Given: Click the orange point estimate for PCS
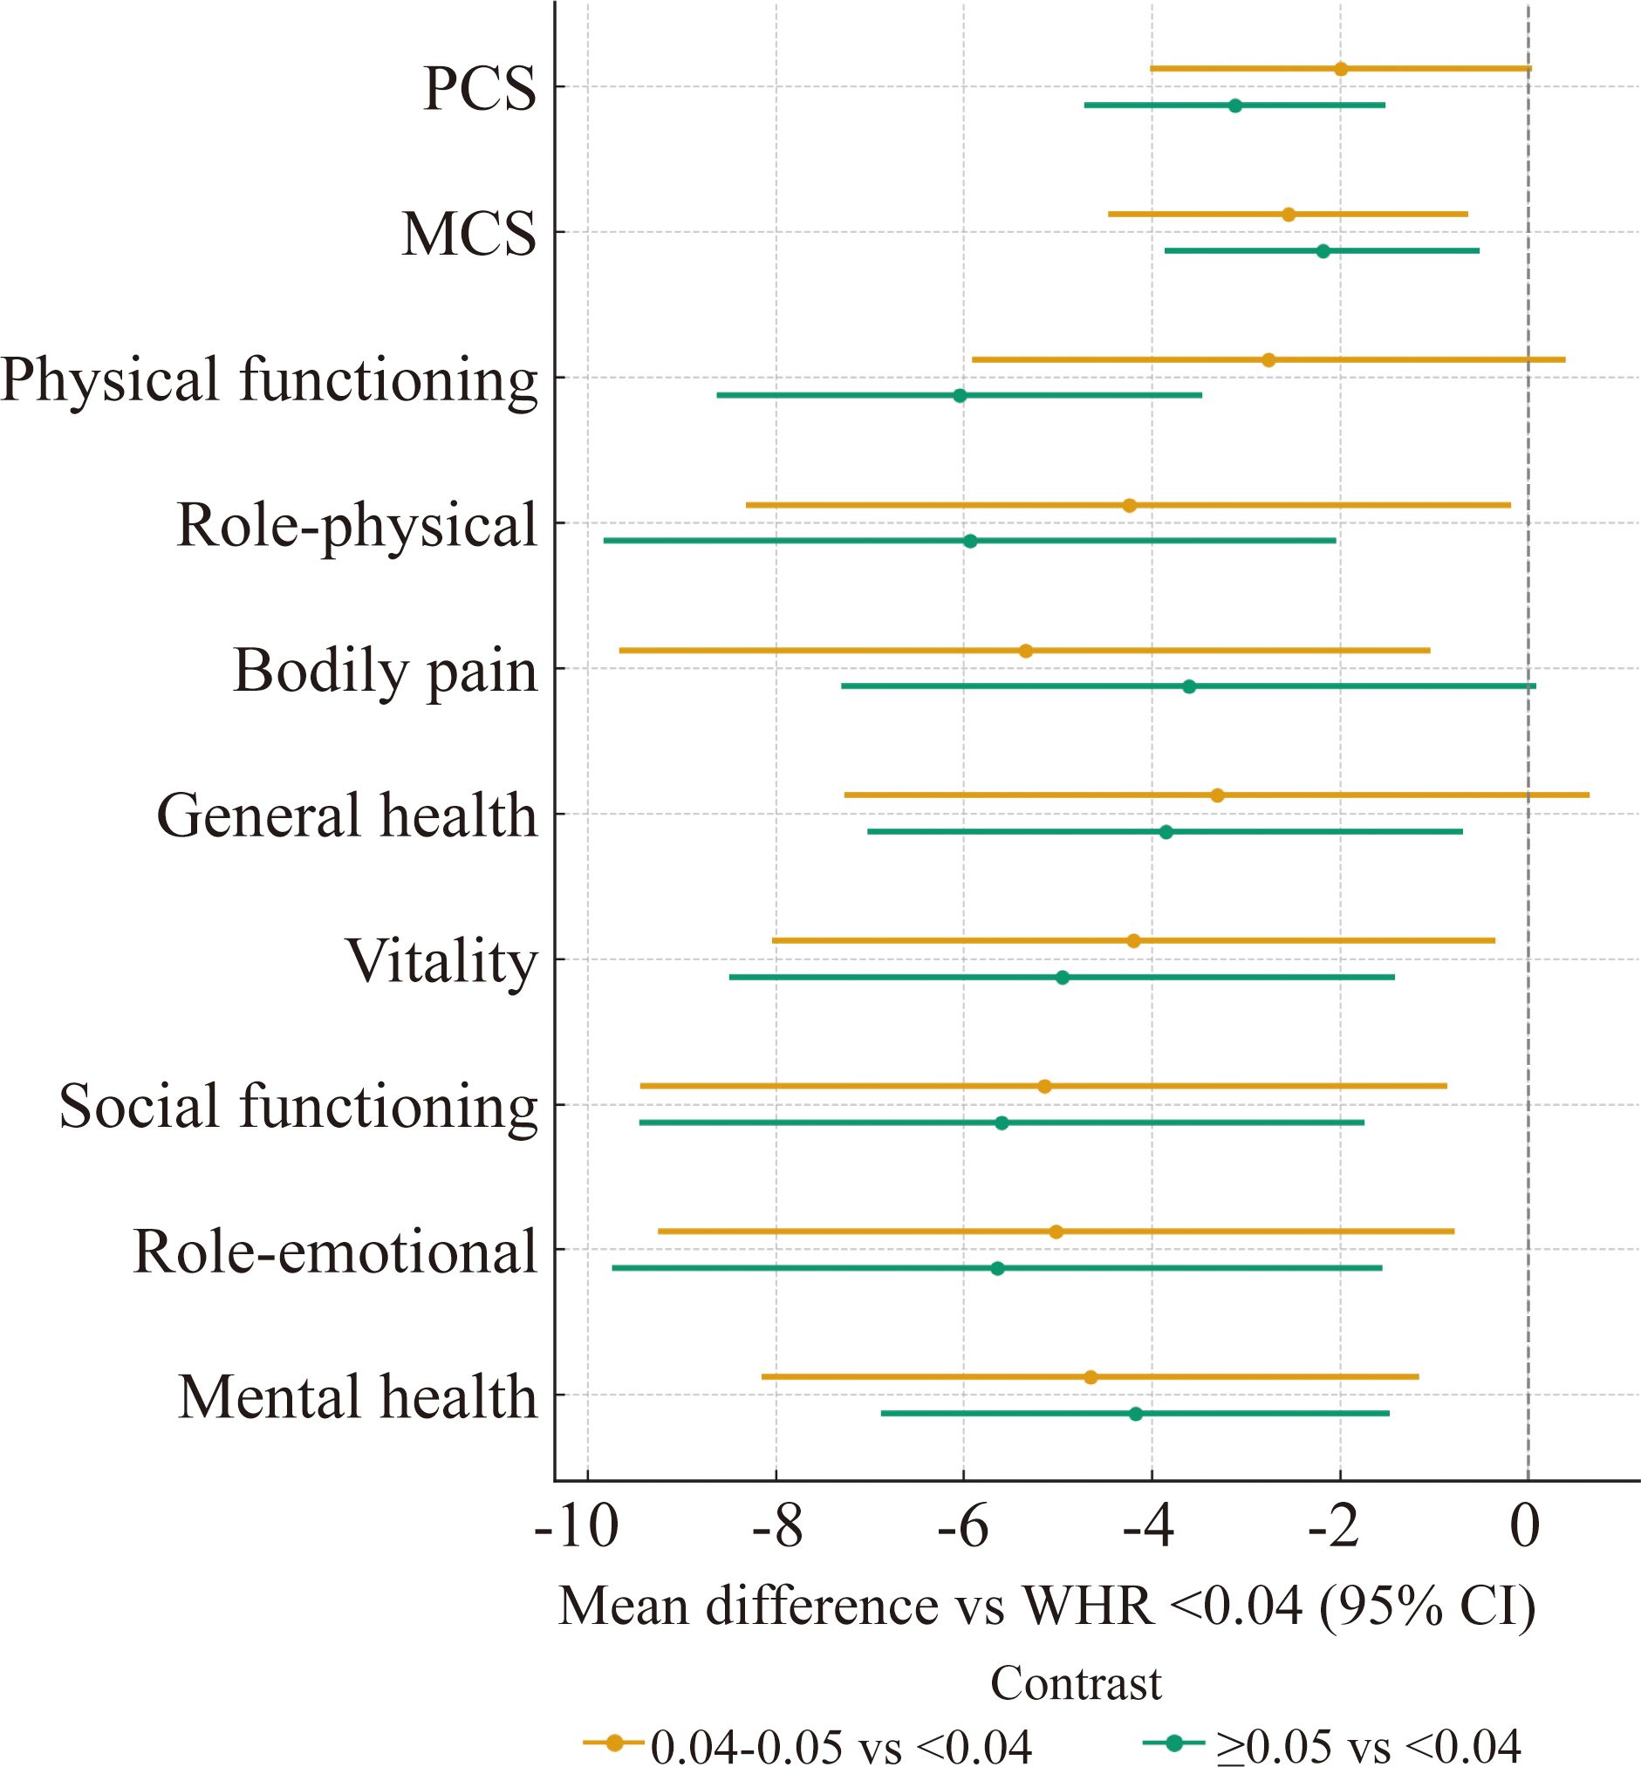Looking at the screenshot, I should [1341, 69].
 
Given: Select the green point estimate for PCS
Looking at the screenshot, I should [1235, 106].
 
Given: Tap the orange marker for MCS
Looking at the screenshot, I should [1289, 214].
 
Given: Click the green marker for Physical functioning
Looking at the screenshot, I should [960, 395].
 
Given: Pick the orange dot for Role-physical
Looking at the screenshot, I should [1130, 505].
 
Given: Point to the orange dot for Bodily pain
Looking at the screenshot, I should [1026, 651].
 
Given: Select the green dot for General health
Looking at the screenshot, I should [1166, 832].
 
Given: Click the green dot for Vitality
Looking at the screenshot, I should [1063, 978].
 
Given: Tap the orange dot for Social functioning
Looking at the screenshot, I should [1044, 1086].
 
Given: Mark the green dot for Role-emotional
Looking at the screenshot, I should [997, 1268].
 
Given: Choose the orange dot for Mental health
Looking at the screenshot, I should [1091, 1377].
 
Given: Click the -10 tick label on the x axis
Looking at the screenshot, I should [578, 1528].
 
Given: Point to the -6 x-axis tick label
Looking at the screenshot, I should [962, 1528].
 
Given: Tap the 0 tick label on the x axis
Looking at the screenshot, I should [1526, 1528].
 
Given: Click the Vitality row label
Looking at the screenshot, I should [442, 961].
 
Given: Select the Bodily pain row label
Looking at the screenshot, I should [386, 671].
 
